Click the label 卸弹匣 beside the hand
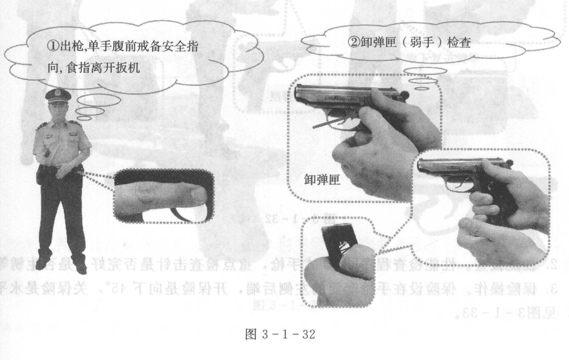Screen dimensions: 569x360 coord(322,180)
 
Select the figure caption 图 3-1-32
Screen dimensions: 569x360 coord(280,335)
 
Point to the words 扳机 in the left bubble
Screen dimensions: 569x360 coord(128,68)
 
